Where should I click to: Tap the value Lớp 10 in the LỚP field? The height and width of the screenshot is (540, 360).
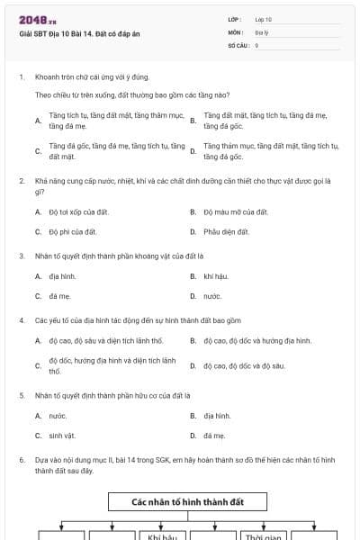264,18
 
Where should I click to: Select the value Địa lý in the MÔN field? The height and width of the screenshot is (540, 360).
263,31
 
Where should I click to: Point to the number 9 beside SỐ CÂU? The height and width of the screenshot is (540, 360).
257,44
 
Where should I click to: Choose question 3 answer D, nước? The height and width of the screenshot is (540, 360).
212,295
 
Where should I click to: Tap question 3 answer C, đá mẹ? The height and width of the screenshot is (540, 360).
59,295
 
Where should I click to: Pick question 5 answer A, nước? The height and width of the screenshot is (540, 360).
58,416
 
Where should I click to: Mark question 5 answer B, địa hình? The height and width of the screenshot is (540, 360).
217,416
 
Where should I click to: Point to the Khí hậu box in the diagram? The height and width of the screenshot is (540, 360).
162,536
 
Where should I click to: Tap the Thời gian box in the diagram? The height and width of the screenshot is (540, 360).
264,536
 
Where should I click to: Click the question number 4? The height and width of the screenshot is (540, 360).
22,319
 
